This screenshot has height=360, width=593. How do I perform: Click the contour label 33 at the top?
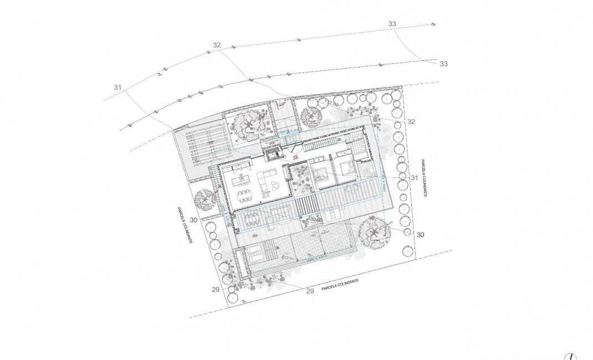[392, 24]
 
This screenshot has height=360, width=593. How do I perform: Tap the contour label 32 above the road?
[216, 45]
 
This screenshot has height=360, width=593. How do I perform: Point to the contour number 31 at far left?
[117, 88]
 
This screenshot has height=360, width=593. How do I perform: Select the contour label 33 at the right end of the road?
[443, 64]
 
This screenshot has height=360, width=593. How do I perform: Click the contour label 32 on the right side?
[411, 121]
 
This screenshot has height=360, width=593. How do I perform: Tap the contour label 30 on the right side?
[420, 235]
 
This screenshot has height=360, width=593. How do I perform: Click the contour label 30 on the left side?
[193, 220]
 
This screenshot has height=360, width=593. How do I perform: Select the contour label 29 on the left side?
[215, 289]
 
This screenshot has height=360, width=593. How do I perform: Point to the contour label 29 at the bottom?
[310, 290]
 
